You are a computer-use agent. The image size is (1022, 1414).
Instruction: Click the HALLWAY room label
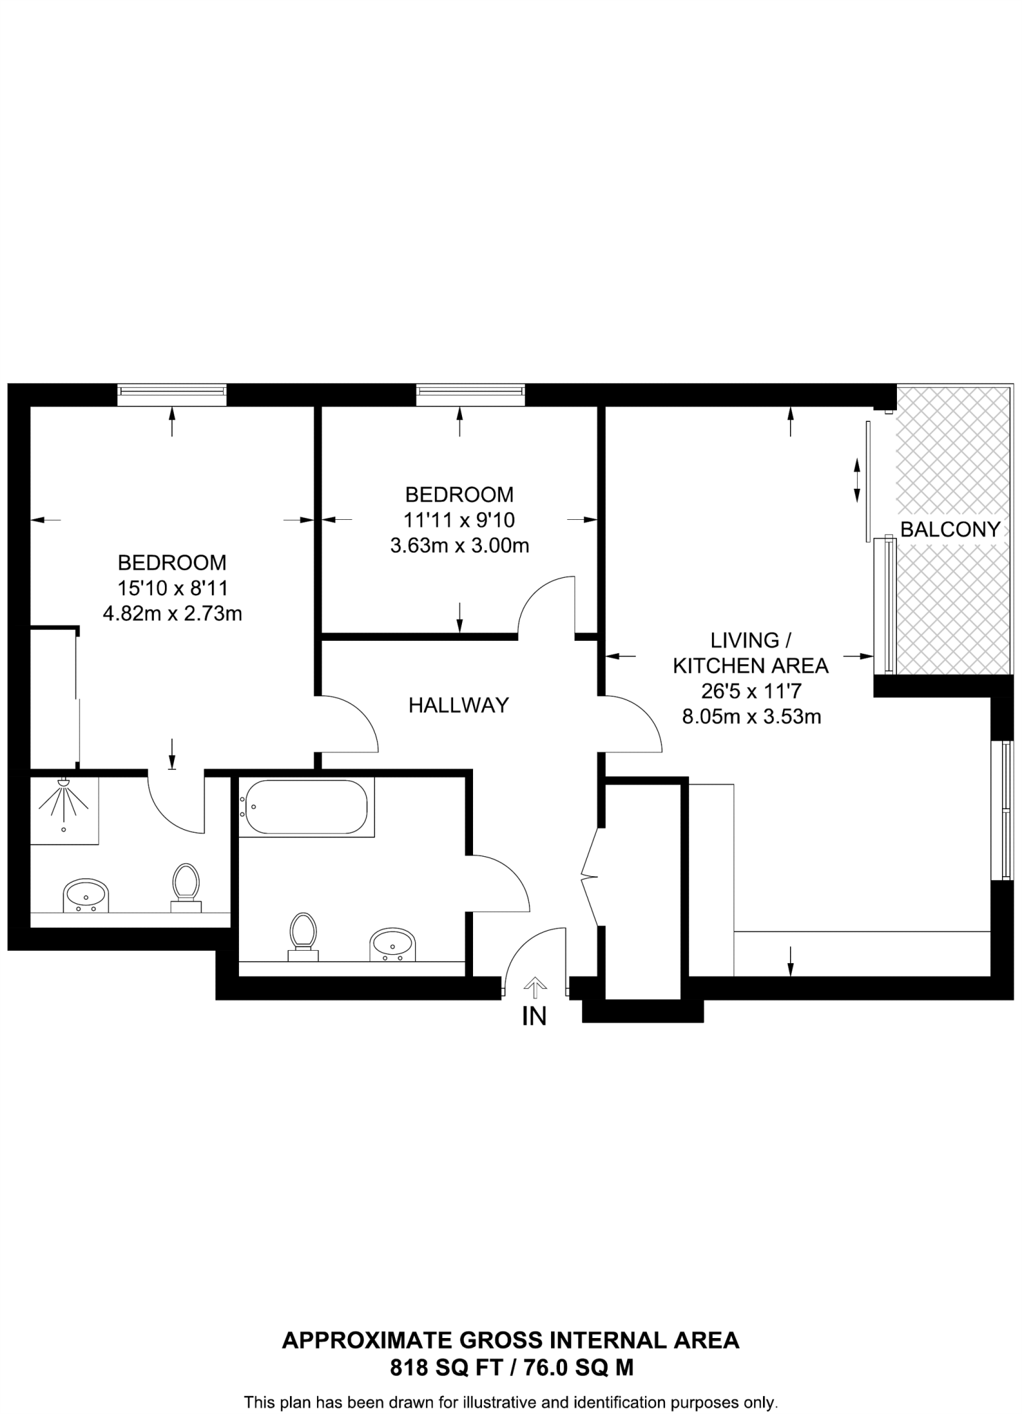tap(459, 705)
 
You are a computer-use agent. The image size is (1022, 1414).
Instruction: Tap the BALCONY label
tap(950, 530)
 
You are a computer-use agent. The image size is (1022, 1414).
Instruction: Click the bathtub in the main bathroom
tap(307, 807)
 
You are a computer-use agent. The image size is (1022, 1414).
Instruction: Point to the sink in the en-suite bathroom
tap(86, 896)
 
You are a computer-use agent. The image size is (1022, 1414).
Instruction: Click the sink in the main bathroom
tap(392, 944)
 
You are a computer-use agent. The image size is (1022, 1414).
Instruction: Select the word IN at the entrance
tap(534, 1016)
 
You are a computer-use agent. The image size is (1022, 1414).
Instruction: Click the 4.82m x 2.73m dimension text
tap(172, 613)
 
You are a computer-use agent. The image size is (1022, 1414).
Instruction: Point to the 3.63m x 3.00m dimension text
tap(459, 545)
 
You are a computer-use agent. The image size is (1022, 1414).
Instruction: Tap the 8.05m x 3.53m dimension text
tap(751, 717)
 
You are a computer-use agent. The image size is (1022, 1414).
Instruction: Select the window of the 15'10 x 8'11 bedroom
tap(172, 395)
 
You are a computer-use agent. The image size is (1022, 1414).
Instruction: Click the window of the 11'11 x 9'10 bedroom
tap(470, 395)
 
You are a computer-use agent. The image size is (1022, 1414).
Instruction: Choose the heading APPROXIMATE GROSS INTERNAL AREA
tap(511, 1340)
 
